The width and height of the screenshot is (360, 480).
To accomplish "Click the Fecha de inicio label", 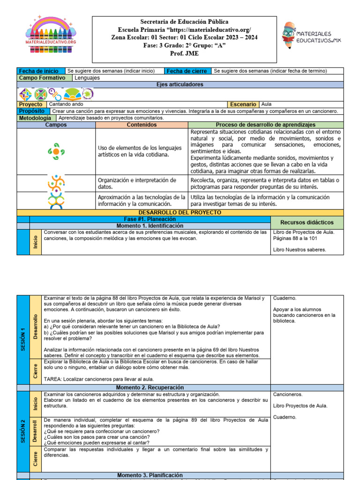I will click(38, 71).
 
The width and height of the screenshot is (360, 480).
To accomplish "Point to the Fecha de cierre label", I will click(186, 71).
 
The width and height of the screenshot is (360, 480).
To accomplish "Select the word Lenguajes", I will click(87, 78).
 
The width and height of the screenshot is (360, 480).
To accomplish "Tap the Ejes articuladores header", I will click(180, 84).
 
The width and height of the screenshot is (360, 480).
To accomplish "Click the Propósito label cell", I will click(32, 111).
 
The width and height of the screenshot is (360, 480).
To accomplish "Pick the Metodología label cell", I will click(35, 118).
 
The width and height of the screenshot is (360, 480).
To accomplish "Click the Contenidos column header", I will click(142, 125).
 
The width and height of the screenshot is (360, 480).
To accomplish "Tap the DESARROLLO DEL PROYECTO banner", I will click(180, 212).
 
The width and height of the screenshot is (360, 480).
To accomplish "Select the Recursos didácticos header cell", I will click(307, 222).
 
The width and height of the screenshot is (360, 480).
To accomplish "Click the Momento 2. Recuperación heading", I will click(150, 388).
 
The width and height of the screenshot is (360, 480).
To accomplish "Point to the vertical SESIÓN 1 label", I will click(22, 339).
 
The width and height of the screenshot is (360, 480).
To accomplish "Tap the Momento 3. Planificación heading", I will click(150, 475).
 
